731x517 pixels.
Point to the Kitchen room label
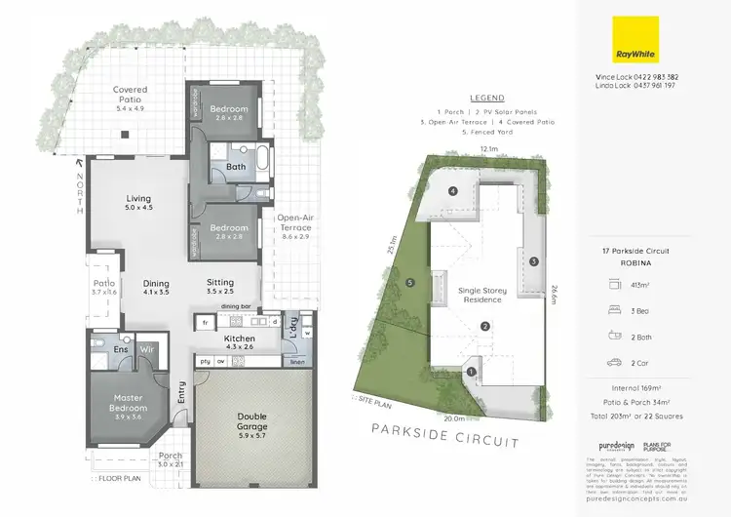[x=239, y=338]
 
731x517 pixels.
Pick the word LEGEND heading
[x=486, y=99]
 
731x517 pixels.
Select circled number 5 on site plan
[x=410, y=284]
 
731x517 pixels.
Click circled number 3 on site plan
[x=534, y=261]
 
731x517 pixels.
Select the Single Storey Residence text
[x=484, y=296]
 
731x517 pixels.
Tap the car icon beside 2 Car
[x=614, y=363]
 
